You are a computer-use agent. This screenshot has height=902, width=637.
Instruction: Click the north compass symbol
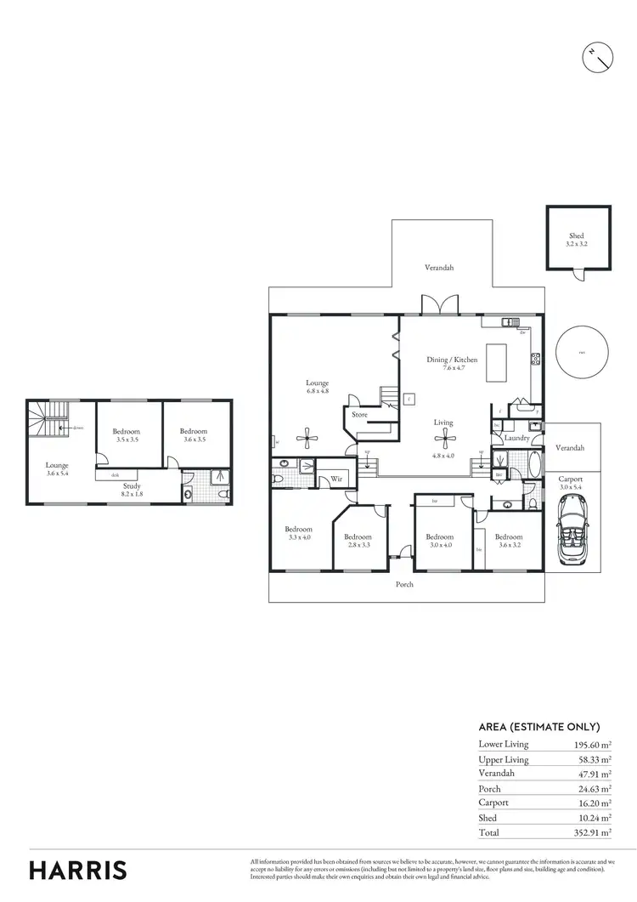[599, 57]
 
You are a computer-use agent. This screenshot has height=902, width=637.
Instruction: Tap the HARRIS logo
[78, 870]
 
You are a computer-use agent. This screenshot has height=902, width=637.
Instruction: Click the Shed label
[577, 236]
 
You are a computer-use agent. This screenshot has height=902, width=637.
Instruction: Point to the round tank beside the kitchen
[582, 352]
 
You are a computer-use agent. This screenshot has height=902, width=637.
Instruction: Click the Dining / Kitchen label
[452, 360]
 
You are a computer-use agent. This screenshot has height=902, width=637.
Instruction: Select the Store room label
[360, 415]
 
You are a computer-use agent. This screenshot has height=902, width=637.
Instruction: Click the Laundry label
[516, 439]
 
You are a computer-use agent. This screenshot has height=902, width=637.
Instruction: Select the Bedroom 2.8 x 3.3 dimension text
[358, 546]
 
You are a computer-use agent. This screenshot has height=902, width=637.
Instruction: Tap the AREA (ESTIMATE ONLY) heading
[539, 727]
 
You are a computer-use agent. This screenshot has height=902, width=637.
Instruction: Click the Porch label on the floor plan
[404, 585]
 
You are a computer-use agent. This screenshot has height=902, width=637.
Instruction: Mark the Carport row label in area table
[494, 802]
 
